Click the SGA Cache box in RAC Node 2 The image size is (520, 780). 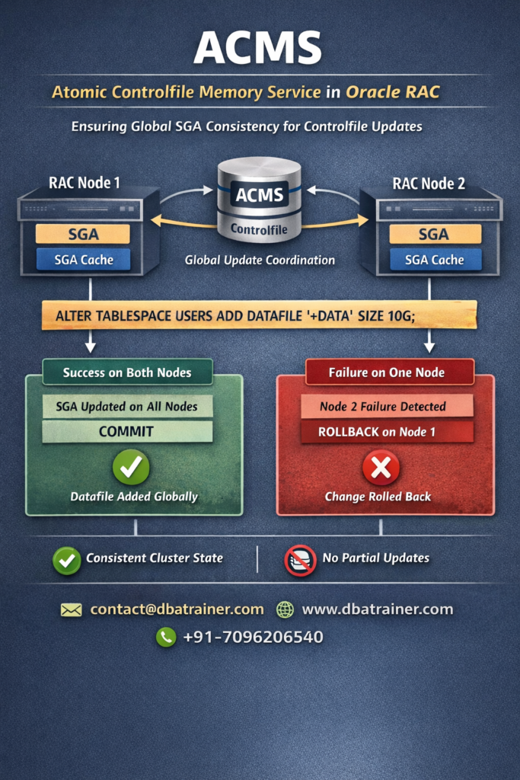tap(435, 260)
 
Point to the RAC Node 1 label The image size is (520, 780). tap(84, 183)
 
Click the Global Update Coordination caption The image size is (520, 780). tap(260, 261)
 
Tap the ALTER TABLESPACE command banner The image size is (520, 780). tap(259, 315)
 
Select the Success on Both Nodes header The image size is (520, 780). tap(126, 372)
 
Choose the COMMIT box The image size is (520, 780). tap(126, 431)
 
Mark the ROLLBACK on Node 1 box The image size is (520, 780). tap(387, 432)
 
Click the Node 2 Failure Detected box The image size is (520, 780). tap(387, 406)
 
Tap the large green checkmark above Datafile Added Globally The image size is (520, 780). tap(131, 467)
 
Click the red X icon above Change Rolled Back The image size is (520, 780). tap(381, 467)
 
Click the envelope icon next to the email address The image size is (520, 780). tap(71, 610)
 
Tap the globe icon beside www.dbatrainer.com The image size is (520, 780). tap(286, 610)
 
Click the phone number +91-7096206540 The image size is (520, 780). tap(253, 637)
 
